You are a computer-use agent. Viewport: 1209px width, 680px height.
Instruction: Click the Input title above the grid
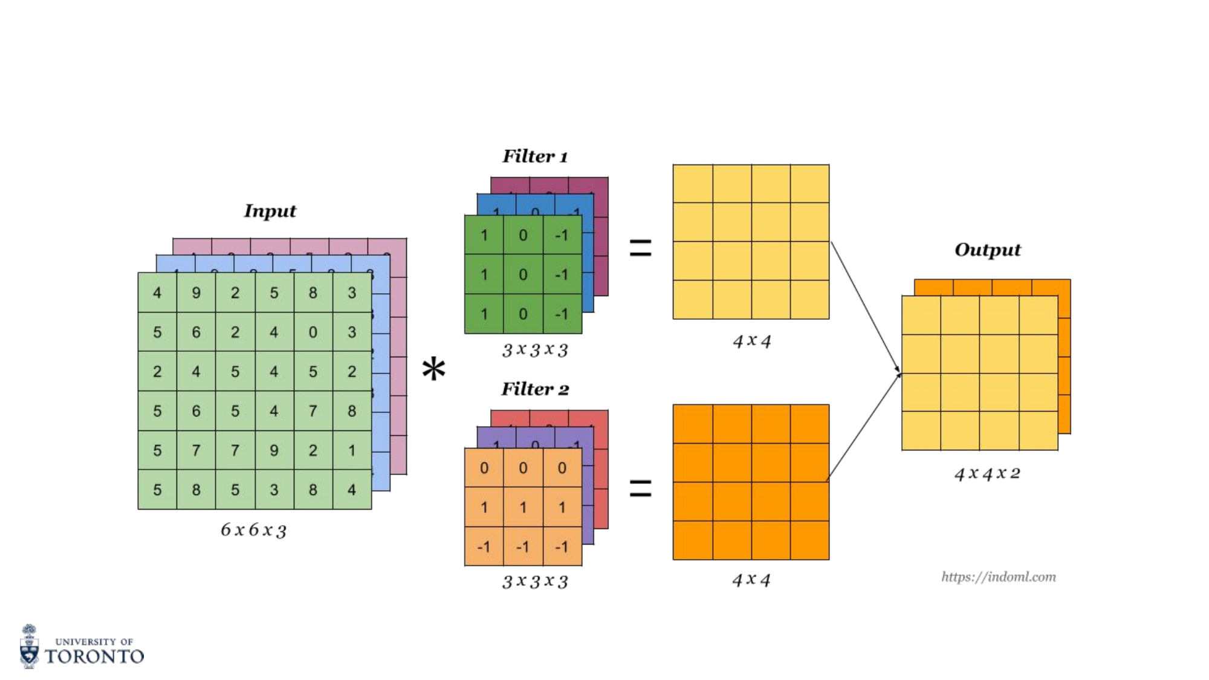pos(270,211)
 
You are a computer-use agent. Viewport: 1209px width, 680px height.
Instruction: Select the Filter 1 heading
pos(535,157)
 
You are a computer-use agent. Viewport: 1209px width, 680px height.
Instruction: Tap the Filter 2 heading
pos(535,389)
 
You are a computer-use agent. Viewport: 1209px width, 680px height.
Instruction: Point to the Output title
pos(987,250)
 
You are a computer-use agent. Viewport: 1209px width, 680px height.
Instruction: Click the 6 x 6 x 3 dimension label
pos(253,530)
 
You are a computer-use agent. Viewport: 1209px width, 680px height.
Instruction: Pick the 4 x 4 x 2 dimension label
pos(987,473)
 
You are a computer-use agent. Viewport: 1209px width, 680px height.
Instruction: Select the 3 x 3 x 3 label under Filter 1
pos(535,350)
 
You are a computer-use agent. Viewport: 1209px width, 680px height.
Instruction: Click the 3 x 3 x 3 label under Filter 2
pos(535,581)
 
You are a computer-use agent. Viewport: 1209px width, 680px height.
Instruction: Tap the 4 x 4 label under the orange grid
pos(751,580)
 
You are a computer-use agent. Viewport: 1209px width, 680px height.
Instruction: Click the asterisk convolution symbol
pos(433,369)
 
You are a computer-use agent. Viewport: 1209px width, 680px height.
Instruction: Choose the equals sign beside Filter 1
pos(640,248)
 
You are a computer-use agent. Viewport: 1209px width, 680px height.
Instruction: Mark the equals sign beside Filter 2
pos(640,488)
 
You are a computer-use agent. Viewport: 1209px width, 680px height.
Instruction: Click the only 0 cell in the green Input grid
pos(313,332)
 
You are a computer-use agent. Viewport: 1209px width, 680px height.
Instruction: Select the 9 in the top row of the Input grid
pos(196,293)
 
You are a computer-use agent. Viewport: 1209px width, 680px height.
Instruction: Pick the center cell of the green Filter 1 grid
pos(523,275)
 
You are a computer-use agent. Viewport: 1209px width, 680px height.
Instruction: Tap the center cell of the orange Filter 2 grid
pos(523,507)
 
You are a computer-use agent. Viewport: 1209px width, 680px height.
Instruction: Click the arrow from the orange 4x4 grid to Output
pos(863,427)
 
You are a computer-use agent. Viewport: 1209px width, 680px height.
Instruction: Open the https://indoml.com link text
pos(998,577)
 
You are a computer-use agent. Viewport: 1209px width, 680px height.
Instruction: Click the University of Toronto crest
pos(29,647)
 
